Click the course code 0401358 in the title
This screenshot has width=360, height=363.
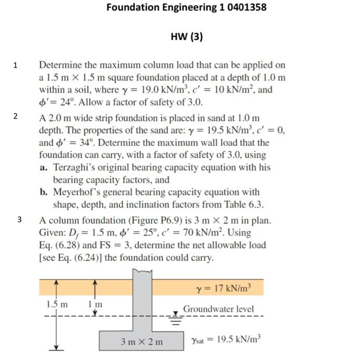243,7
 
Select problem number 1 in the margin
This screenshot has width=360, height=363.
16,66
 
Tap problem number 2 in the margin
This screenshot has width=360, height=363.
16,116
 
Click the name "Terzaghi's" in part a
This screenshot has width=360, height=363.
77,167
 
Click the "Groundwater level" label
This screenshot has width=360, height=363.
218,309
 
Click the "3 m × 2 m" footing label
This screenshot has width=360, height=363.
142,342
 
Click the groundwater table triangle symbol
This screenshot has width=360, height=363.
176,313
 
